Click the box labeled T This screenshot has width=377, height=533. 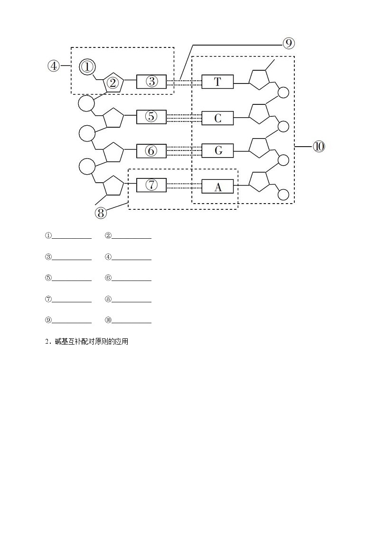(217, 82)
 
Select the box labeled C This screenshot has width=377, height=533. (217, 118)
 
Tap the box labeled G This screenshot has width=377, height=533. (217, 150)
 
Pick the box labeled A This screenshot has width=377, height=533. (217, 187)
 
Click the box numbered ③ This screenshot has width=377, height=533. (151, 82)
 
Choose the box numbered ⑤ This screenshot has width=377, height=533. (151, 116)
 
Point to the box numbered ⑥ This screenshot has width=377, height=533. (151, 150)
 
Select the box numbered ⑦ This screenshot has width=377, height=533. (151, 185)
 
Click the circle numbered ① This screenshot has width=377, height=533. (87, 67)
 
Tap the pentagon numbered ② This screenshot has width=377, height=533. (113, 83)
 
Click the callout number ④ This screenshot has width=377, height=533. (54, 66)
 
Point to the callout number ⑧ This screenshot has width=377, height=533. (100, 213)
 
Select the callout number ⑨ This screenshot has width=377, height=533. (289, 44)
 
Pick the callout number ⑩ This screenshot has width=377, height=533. (319, 147)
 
